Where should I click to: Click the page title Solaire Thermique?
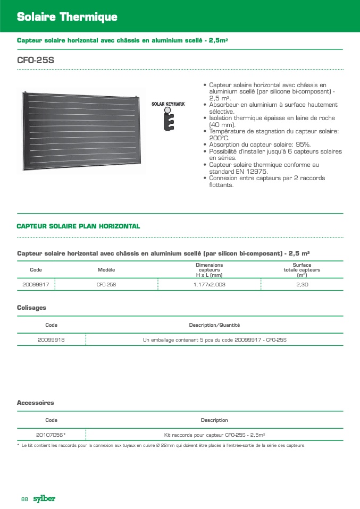67,17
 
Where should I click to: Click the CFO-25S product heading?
36,61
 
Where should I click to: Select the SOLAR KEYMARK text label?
168,104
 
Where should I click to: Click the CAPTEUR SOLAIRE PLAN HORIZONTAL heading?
78,226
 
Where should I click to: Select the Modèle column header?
106,270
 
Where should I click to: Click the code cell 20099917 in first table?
36,285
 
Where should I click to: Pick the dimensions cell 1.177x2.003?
209,285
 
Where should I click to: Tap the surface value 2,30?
302,285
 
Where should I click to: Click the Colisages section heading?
31,308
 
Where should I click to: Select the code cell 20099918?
51,340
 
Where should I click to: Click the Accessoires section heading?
35,403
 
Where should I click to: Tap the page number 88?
24,499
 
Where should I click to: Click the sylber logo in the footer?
44,498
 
